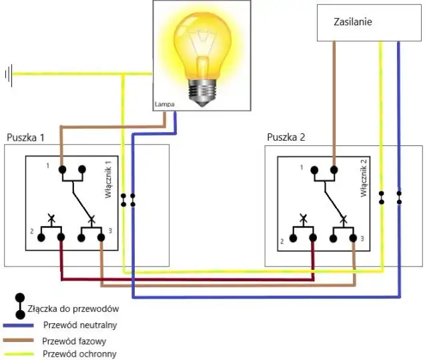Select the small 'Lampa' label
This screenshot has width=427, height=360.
(x=163, y=105)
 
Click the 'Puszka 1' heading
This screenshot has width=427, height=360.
(x=25, y=138)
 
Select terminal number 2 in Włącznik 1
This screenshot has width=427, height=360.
(x=31, y=231)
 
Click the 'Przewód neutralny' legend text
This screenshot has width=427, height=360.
(x=80, y=326)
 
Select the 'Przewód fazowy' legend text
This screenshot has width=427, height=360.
(x=74, y=341)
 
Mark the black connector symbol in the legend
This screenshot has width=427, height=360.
(x=20, y=305)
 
